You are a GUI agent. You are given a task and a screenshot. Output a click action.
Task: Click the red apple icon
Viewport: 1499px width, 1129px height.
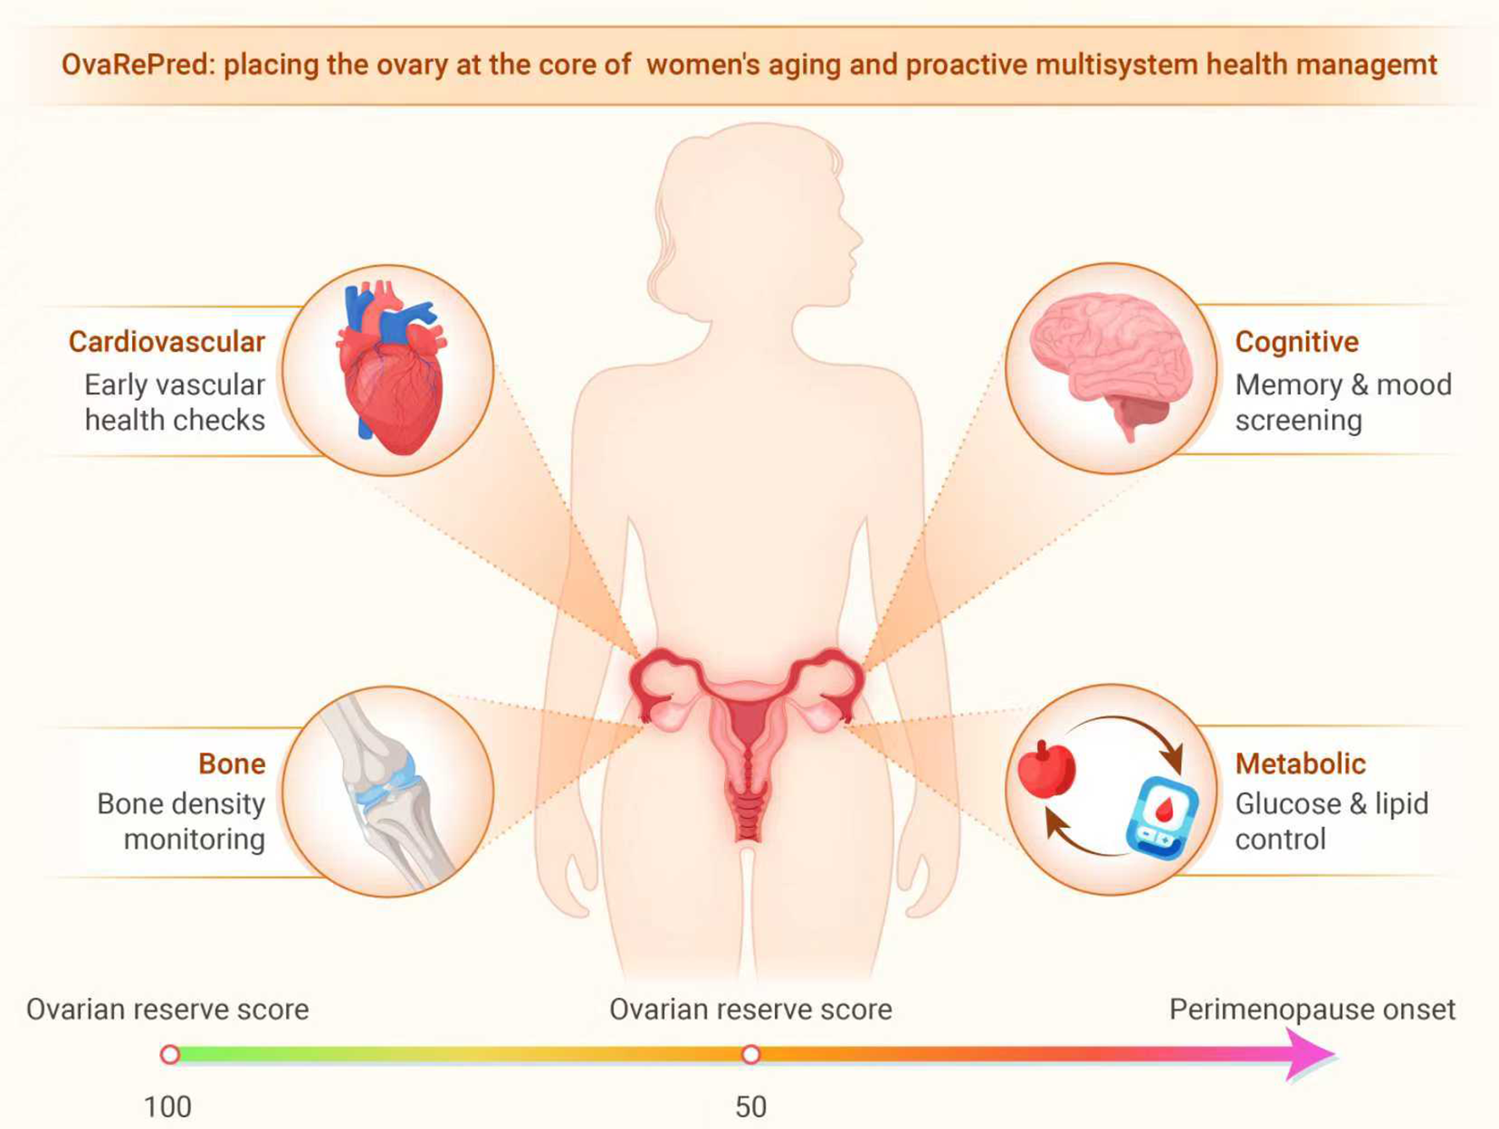pos(1046,769)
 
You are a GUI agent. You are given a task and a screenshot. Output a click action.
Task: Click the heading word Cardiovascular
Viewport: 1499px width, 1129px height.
pos(167,342)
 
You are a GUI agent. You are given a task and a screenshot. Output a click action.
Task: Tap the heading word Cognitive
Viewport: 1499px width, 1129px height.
pos(1296,342)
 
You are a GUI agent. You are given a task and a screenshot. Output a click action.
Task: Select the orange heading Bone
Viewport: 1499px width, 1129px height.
pos(232,764)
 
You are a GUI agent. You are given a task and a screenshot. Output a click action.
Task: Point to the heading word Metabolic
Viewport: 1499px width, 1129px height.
pos(1300,764)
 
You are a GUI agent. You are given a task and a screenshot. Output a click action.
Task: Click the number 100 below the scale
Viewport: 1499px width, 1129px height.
pos(167,1107)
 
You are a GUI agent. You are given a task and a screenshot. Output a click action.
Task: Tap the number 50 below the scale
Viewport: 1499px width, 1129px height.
pos(750,1107)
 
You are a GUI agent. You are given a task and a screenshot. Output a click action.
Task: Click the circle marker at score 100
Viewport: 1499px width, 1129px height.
pos(170,1055)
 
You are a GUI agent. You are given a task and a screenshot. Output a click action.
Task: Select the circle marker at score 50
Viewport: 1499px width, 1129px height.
pos(750,1055)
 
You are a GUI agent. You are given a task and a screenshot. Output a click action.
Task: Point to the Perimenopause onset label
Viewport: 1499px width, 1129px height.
pos(1312,1009)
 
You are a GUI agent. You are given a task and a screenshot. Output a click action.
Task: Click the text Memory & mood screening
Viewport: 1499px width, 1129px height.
pos(1343,403)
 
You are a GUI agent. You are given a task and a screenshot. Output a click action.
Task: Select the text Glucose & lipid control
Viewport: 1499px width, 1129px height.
pos(1331,821)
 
